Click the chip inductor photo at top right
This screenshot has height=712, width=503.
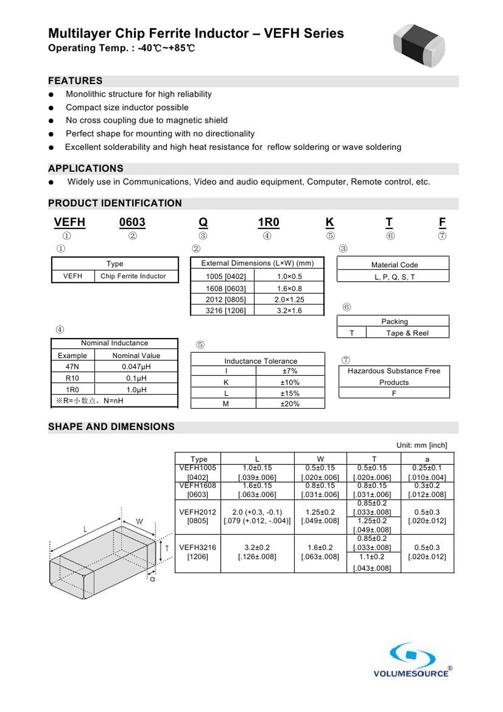419,45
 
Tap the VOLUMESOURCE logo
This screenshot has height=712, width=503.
412,660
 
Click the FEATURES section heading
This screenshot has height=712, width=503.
75,81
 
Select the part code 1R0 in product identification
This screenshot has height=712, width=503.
269,222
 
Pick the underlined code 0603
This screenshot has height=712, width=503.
132,222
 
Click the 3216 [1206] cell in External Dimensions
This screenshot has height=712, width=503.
225,310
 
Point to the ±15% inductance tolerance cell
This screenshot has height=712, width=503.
290,393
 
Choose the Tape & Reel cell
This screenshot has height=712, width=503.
407,333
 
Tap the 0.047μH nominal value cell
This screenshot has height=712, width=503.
136,367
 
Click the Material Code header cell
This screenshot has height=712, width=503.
394,265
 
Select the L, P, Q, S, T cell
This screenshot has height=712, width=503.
394,277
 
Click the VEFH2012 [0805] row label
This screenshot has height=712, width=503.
198,516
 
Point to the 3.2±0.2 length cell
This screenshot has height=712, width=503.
257,547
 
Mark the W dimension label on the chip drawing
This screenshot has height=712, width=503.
139,522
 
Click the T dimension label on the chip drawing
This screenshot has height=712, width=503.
167,548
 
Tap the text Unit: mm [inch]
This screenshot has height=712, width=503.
422,445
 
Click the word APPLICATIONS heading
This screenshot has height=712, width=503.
86,169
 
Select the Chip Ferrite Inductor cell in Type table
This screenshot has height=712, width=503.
133,276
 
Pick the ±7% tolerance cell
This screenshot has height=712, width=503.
290,371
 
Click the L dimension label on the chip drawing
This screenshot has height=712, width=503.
86,529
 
